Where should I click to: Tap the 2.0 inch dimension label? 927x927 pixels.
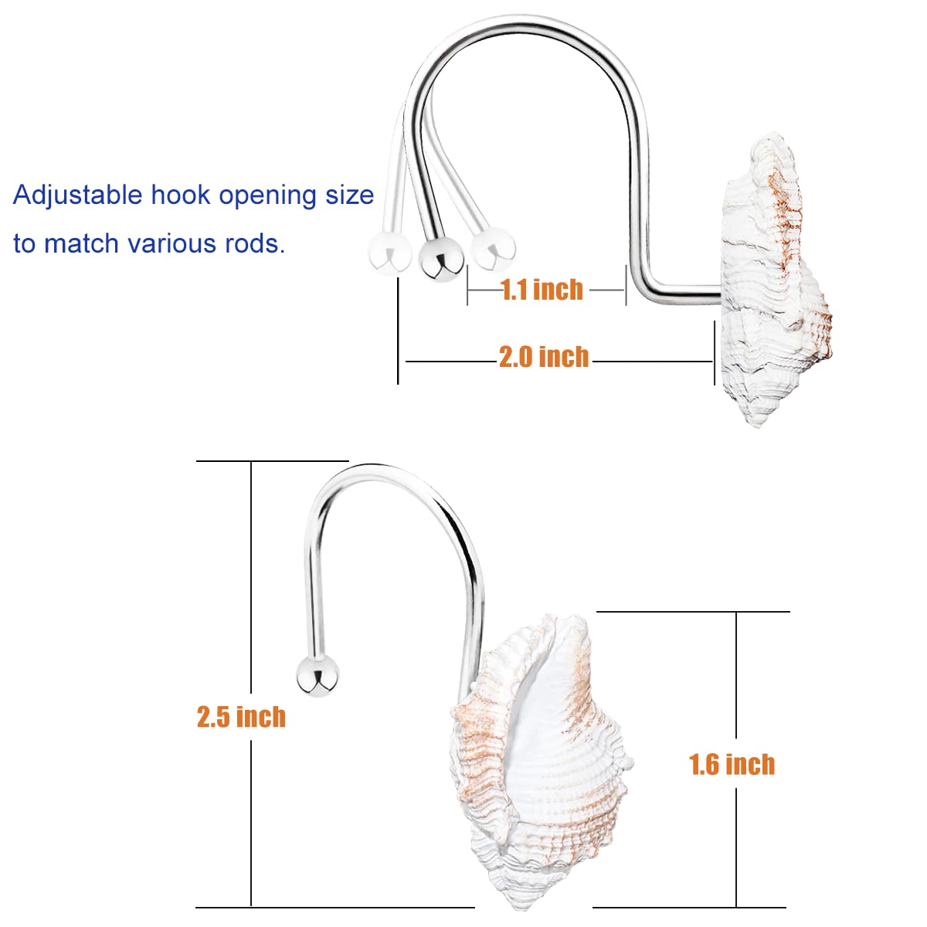click(x=544, y=357)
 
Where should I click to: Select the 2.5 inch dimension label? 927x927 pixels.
click(x=241, y=717)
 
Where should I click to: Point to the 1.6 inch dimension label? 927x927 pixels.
click(x=732, y=764)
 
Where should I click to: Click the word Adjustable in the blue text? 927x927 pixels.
click(x=77, y=195)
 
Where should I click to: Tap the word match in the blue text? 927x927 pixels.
click(x=81, y=243)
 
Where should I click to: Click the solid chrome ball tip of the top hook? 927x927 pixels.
click(x=440, y=260)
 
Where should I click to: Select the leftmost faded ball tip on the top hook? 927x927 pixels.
click(x=389, y=254)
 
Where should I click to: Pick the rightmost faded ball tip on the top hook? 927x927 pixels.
click(x=493, y=250)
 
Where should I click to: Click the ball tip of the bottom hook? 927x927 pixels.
click(x=317, y=675)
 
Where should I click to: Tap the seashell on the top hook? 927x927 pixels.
click(x=775, y=279)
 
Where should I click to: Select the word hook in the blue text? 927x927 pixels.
click(x=181, y=195)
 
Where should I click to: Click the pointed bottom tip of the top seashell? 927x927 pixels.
click(x=759, y=425)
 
